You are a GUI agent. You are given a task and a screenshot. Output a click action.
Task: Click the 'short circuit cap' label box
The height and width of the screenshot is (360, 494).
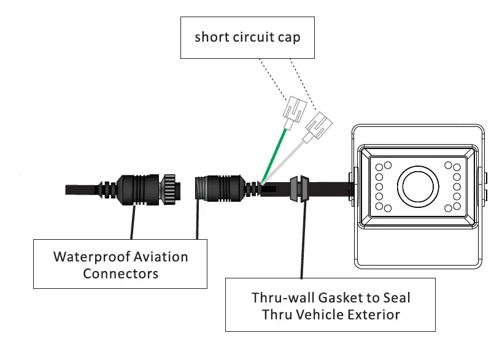(247, 37)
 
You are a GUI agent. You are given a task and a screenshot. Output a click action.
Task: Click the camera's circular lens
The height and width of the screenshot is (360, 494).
(419, 186)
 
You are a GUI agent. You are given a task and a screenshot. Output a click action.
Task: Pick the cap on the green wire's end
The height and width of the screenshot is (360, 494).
(293, 111)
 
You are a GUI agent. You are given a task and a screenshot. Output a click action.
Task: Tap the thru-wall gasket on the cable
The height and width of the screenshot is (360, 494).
(298, 188)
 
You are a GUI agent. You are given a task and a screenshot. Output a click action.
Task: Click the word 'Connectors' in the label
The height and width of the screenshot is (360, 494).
(121, 274)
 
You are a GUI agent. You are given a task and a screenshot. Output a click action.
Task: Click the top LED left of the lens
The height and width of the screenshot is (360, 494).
(388, 164)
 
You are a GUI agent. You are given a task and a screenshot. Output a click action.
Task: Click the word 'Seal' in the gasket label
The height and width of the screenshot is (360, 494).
(397, 298)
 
